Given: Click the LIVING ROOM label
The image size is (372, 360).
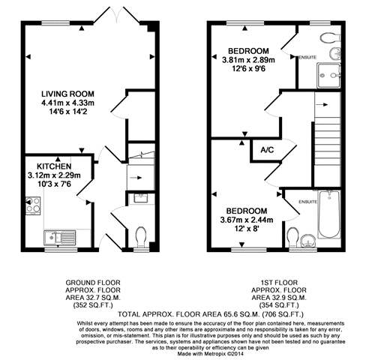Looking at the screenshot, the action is [x=67, y=94].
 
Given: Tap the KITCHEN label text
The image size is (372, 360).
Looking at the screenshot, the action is [x=54, y=166].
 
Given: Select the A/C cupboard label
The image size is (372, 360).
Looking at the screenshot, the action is [x=267, y=150].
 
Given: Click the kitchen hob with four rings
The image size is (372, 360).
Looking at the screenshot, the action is [x=33, y=205].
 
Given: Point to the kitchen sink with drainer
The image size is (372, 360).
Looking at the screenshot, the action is [x=60, y=238].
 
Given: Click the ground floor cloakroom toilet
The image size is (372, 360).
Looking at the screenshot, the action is [x=141, y=237].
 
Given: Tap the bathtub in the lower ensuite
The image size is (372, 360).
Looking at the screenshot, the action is [x=329, y=214].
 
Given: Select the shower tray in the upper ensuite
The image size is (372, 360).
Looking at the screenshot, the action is [x=328, y=75].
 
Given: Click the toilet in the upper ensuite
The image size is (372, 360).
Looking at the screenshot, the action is [x=330, y=37].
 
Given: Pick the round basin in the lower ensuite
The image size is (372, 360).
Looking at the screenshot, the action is [x=308, y=241].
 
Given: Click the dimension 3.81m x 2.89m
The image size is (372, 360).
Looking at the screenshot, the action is [x=248, y=60].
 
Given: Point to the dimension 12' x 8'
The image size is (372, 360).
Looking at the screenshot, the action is [x=246, y=229].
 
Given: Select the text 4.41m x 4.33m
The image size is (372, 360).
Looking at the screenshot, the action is [x=67, y=103].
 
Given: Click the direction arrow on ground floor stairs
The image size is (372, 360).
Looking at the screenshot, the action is [x=136, y=178].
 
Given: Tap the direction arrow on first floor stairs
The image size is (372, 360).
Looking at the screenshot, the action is [x=322, y=105].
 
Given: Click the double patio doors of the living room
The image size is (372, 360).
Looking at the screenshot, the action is [x=116, y=16].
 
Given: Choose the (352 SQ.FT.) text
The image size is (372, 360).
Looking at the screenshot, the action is [x=93, y=305].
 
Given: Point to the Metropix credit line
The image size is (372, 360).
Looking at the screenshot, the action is [x=210, y=354].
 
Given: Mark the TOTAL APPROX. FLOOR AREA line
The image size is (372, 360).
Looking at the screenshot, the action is [x=211, y=314].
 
